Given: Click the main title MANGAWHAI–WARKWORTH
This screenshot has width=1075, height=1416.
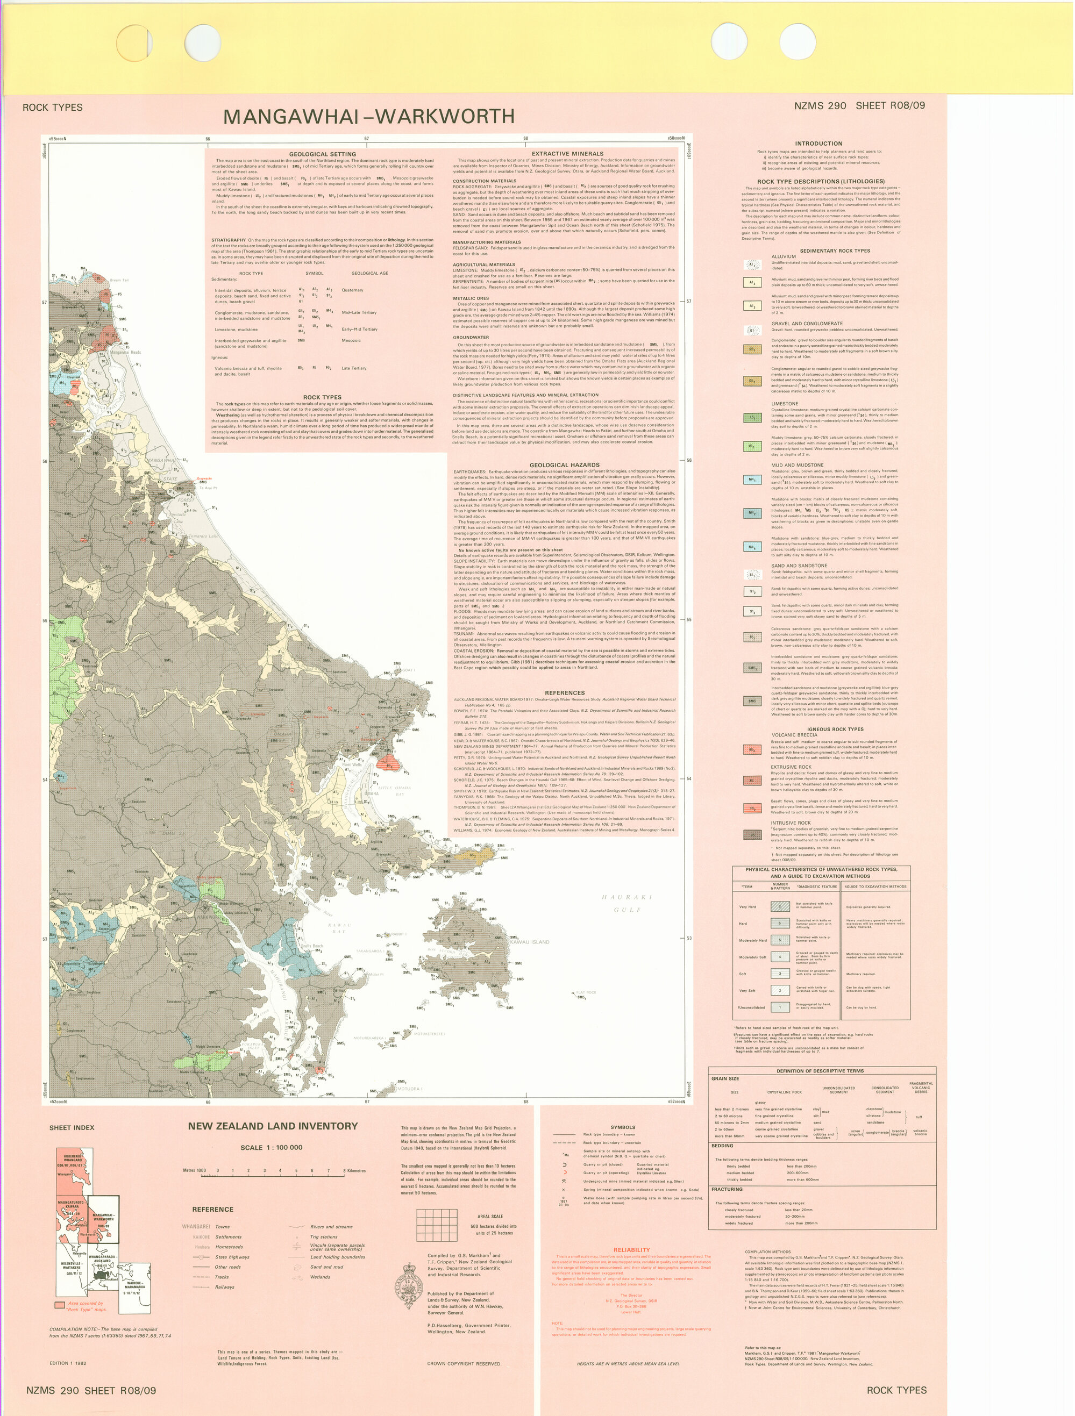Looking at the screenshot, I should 369,117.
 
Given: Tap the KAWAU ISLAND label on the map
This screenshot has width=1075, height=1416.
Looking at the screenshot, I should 530,942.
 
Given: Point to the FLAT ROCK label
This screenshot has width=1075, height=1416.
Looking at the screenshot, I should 586,992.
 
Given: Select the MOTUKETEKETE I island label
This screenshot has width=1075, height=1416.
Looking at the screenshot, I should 429,1034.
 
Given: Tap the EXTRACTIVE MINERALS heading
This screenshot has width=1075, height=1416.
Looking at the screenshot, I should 567,154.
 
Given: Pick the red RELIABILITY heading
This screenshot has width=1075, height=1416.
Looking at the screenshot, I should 631,1249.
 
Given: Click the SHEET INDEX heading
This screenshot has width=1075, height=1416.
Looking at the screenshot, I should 72,1127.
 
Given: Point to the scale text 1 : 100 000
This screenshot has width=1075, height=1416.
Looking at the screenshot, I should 271,1147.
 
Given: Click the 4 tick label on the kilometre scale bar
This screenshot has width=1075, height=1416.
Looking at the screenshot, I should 280,1171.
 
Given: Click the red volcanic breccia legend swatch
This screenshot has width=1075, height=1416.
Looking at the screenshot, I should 752,749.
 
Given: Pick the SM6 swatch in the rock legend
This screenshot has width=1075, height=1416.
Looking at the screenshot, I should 752,701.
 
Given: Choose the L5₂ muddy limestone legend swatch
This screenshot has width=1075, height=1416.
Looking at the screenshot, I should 752,446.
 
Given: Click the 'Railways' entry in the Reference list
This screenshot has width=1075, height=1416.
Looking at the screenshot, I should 225,1286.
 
